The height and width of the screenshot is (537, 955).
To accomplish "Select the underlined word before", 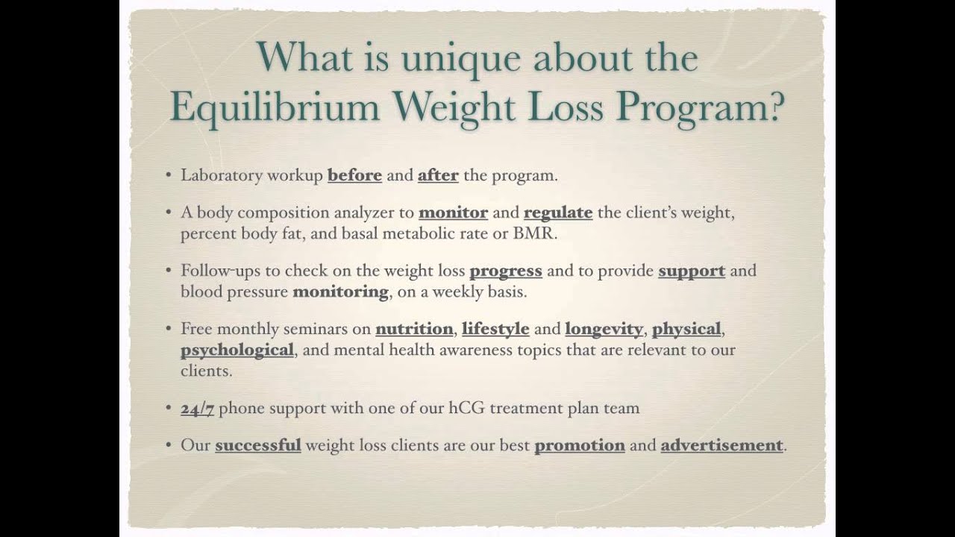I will (x=354, y=175).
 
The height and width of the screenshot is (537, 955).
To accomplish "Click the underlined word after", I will (x=438, y=175).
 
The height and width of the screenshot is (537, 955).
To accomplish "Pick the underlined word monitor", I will (x=453, y=213).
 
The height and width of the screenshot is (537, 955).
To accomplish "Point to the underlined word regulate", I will (x=558, y=213).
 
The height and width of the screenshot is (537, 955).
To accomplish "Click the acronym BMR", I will (x=534, y=233).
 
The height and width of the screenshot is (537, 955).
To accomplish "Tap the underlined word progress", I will (x=506, y=271).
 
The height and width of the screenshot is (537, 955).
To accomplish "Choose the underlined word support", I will (x=692, y=271).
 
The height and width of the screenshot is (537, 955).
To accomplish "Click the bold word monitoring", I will (x=340, y=292).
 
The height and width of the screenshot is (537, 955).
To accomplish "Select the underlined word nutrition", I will (x=414, y=329).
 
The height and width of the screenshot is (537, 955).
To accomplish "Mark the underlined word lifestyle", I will (x=495, y=329).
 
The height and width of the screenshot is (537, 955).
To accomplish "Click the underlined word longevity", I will (x=604, y=329).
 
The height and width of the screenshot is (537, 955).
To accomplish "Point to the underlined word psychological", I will (x=237, y=350).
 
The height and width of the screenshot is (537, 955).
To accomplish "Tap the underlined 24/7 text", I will (x=197, y=408).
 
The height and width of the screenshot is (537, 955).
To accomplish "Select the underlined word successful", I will (x=258, y=445).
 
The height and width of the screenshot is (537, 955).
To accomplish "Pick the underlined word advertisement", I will (x=721, y=445).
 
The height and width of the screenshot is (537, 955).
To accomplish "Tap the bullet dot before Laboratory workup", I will (x=169, y=176).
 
